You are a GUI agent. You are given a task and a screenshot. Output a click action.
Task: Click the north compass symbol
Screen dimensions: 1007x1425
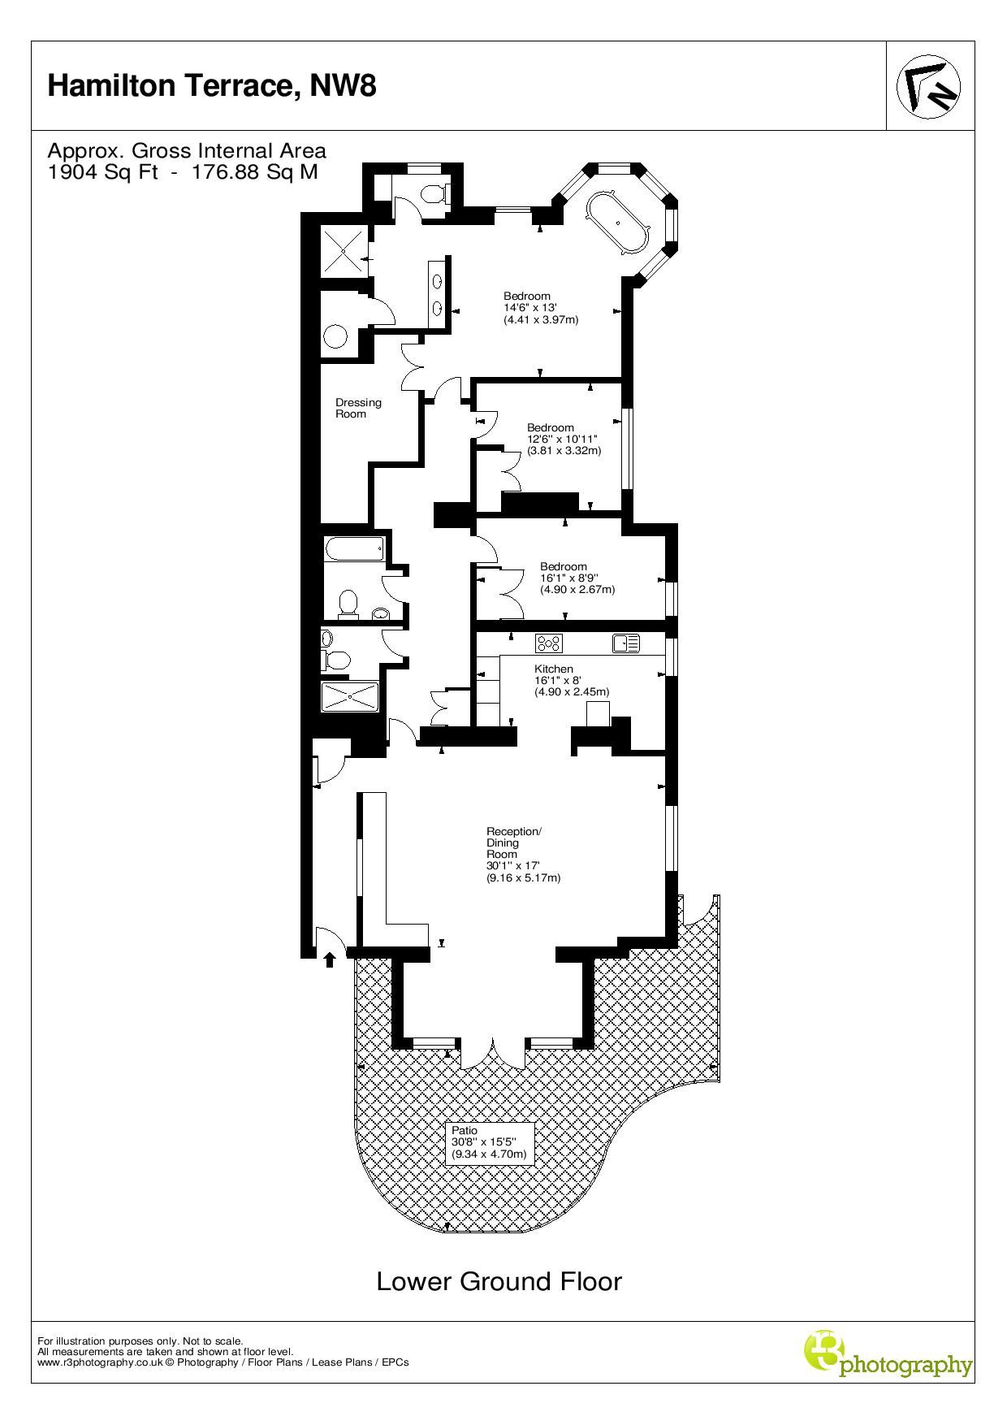(x=928, y=86)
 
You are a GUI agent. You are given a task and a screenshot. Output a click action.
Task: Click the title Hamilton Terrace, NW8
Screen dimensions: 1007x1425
(x=212, y=85)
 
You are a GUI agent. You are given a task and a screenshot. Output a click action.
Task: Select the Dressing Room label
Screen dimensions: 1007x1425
(x=358, y=408)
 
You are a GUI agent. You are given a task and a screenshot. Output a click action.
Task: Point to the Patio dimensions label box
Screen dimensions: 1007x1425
(x=490, y=1143)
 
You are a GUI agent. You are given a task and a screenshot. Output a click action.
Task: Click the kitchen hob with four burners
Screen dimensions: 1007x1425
(x=549, y=643)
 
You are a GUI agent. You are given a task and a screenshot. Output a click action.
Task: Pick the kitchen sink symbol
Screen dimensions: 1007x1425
(x=626, y=643)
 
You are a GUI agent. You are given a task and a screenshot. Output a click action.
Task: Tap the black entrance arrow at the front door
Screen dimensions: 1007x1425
(x=330, y=960)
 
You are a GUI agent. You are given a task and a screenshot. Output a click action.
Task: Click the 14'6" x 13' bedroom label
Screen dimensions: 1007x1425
(x=541, y=308)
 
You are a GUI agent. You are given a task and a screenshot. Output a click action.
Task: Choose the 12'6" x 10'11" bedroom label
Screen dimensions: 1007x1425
(x=564, y=439)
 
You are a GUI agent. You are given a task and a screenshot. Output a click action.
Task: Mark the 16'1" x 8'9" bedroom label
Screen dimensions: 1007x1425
(x=577, y=578)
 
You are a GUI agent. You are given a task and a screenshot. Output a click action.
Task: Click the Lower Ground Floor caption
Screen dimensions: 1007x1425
(x=499, y=1281)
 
